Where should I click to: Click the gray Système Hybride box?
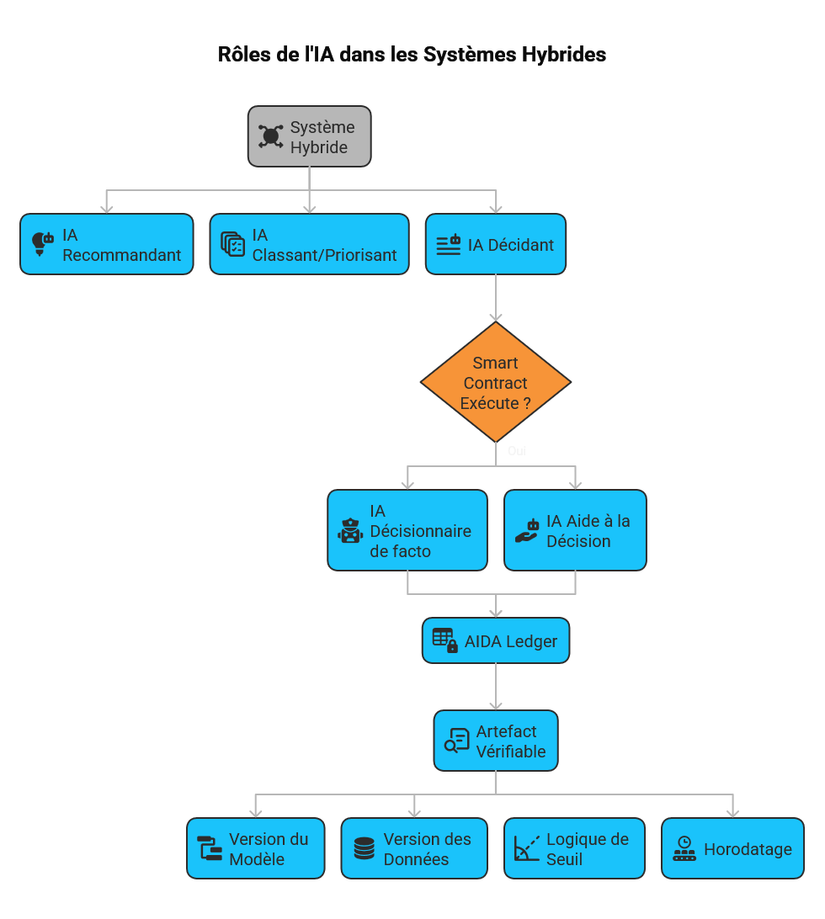(309, 136)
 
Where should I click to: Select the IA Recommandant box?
(107, 244)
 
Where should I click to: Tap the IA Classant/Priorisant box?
(309, 244)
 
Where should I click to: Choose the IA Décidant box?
(495, 244)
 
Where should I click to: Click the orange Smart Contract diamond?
(495, 382)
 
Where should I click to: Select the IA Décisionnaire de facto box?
(407, 530)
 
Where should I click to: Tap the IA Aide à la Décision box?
(575, 530)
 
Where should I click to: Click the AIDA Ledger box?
(495, 640)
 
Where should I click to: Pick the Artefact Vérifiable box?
(495, 741)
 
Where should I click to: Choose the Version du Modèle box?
(255, 848)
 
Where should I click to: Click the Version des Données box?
(413, 848)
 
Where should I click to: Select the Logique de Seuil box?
(574, 848)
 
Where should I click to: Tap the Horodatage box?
(732, 848)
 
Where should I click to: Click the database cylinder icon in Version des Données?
(364, 848)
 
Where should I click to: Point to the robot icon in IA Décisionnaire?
(350, 531)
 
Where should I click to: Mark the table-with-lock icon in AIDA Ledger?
(445, 640)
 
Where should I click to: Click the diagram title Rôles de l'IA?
(412, 55)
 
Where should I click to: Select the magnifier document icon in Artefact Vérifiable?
(456, 741)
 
